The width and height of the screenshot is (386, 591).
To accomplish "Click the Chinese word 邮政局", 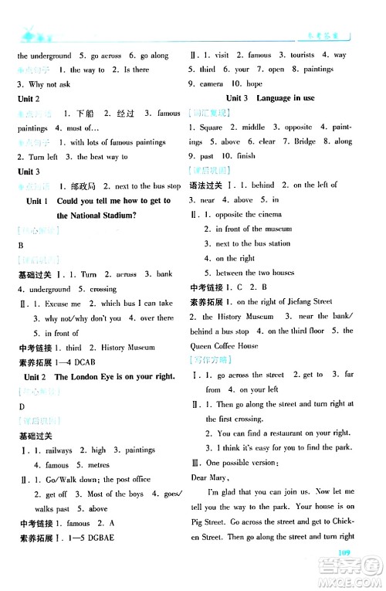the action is [83, 186].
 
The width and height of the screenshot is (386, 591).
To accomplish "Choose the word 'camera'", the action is [217, 83].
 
